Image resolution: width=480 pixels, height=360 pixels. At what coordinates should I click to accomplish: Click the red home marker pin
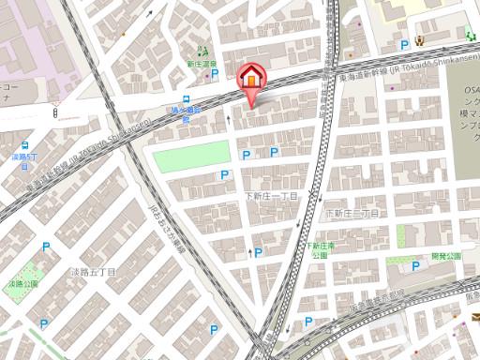click(x=251, y=77)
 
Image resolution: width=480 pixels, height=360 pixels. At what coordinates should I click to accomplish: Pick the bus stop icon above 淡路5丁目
click(x=25, y=145)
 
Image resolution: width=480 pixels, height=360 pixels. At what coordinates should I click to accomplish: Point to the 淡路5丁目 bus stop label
click(x=24, y=157)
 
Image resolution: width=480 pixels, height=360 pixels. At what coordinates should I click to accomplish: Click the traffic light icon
click(x=55, y=114)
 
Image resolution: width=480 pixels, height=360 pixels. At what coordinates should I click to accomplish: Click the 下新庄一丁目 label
click(x=270, y=196)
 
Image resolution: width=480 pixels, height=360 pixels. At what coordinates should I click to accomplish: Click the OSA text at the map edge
click(x=471, y=89)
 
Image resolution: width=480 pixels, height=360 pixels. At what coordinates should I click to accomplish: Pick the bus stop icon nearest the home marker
click(x=186, y=98)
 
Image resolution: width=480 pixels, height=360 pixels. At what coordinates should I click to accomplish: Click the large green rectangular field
click(x=185, y=157)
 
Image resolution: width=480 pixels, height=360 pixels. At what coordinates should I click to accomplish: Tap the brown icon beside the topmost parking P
click(x=421, y=40)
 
